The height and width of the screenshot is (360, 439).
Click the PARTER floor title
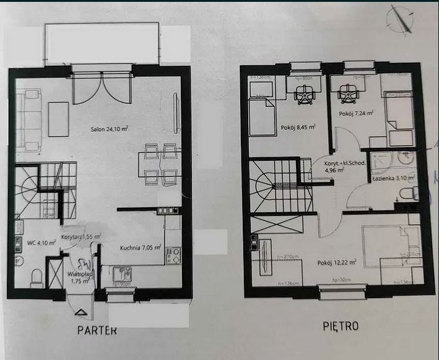click(x=97, y=330)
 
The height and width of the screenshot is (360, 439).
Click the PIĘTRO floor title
click(x=340, y=325)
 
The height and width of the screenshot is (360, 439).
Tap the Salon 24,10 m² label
click(x=104, y=129)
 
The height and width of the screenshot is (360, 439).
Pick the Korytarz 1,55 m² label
click(x=81, y=236)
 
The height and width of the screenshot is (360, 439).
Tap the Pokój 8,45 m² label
click(x=298, y=127)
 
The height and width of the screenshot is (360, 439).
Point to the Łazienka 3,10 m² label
click(x=394, y=178)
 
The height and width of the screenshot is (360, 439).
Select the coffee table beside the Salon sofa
click(x=59, y=119)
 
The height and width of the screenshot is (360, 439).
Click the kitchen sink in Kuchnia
click(x=121, y=273)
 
